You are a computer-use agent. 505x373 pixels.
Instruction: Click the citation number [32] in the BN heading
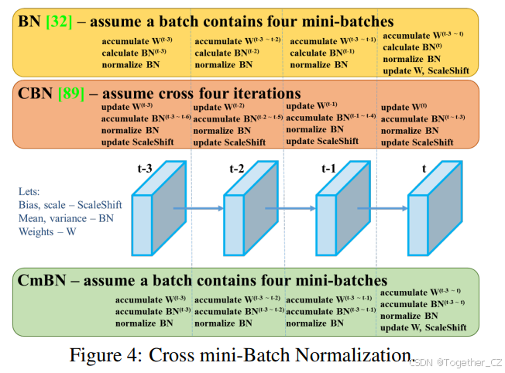pos(61,21)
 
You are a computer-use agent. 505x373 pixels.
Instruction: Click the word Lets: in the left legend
pos(30,191)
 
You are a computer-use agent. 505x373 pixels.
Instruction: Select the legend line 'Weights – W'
pos(48,231)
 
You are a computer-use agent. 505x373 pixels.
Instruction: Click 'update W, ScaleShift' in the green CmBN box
pos(423,327)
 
